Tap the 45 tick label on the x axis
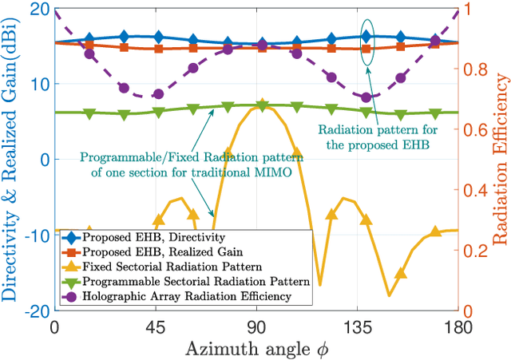[155, 326]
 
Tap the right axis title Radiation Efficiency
[500, 160]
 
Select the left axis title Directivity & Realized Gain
[10, 160]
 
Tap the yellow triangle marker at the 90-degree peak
[262, 105]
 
